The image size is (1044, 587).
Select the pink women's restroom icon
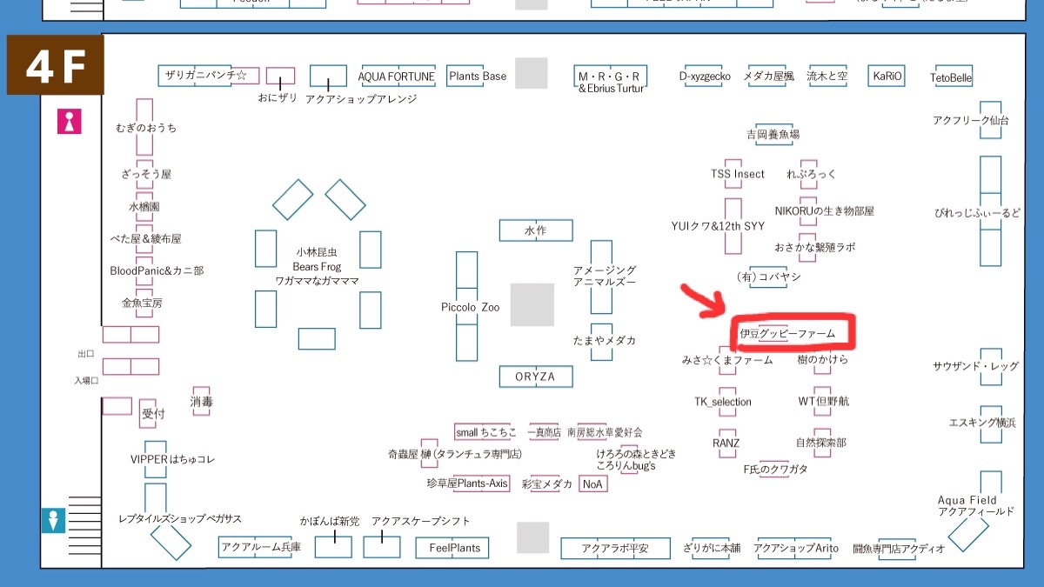[69, 121]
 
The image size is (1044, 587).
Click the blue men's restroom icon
[55, 520]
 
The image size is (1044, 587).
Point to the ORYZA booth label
[535, 377]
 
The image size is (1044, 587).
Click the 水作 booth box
[535, 230]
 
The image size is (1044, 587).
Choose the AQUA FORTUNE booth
[396, 77]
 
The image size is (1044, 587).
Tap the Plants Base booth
[477, 76]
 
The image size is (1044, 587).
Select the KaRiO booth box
[887, 77]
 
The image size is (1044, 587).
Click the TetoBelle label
[951, 78]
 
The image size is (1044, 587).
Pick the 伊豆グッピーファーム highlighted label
[786, 333]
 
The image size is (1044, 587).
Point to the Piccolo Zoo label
[470, 307]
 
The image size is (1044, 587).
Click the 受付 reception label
[153, 414]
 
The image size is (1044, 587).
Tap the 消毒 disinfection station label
[201, 402]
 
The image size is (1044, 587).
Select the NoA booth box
[592, 484]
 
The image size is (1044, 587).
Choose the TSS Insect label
[737, 174]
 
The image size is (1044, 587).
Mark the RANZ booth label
[726, 443]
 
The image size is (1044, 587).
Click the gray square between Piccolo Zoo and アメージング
[532, 304]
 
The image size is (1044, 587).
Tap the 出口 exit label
[85, 354]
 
